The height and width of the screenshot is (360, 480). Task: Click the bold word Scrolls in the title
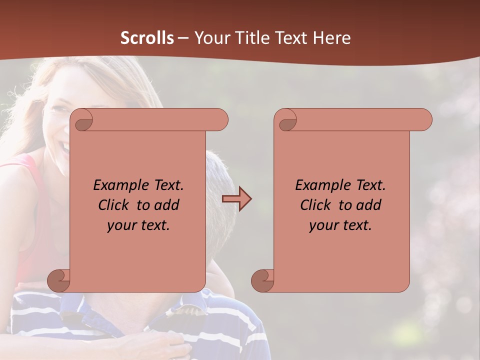[x=147, y=38]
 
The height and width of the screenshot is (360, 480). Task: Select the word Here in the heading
[x=332, y=38]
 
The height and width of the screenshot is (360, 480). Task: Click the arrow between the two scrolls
[x=236, y=199]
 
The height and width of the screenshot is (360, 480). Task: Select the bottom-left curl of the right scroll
[x=262, y=281]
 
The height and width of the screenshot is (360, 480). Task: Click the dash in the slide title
[x=183, y=38]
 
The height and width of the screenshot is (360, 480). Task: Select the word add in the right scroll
[x=370, y=205]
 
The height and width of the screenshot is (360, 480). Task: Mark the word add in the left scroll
[x=168, y=205]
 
